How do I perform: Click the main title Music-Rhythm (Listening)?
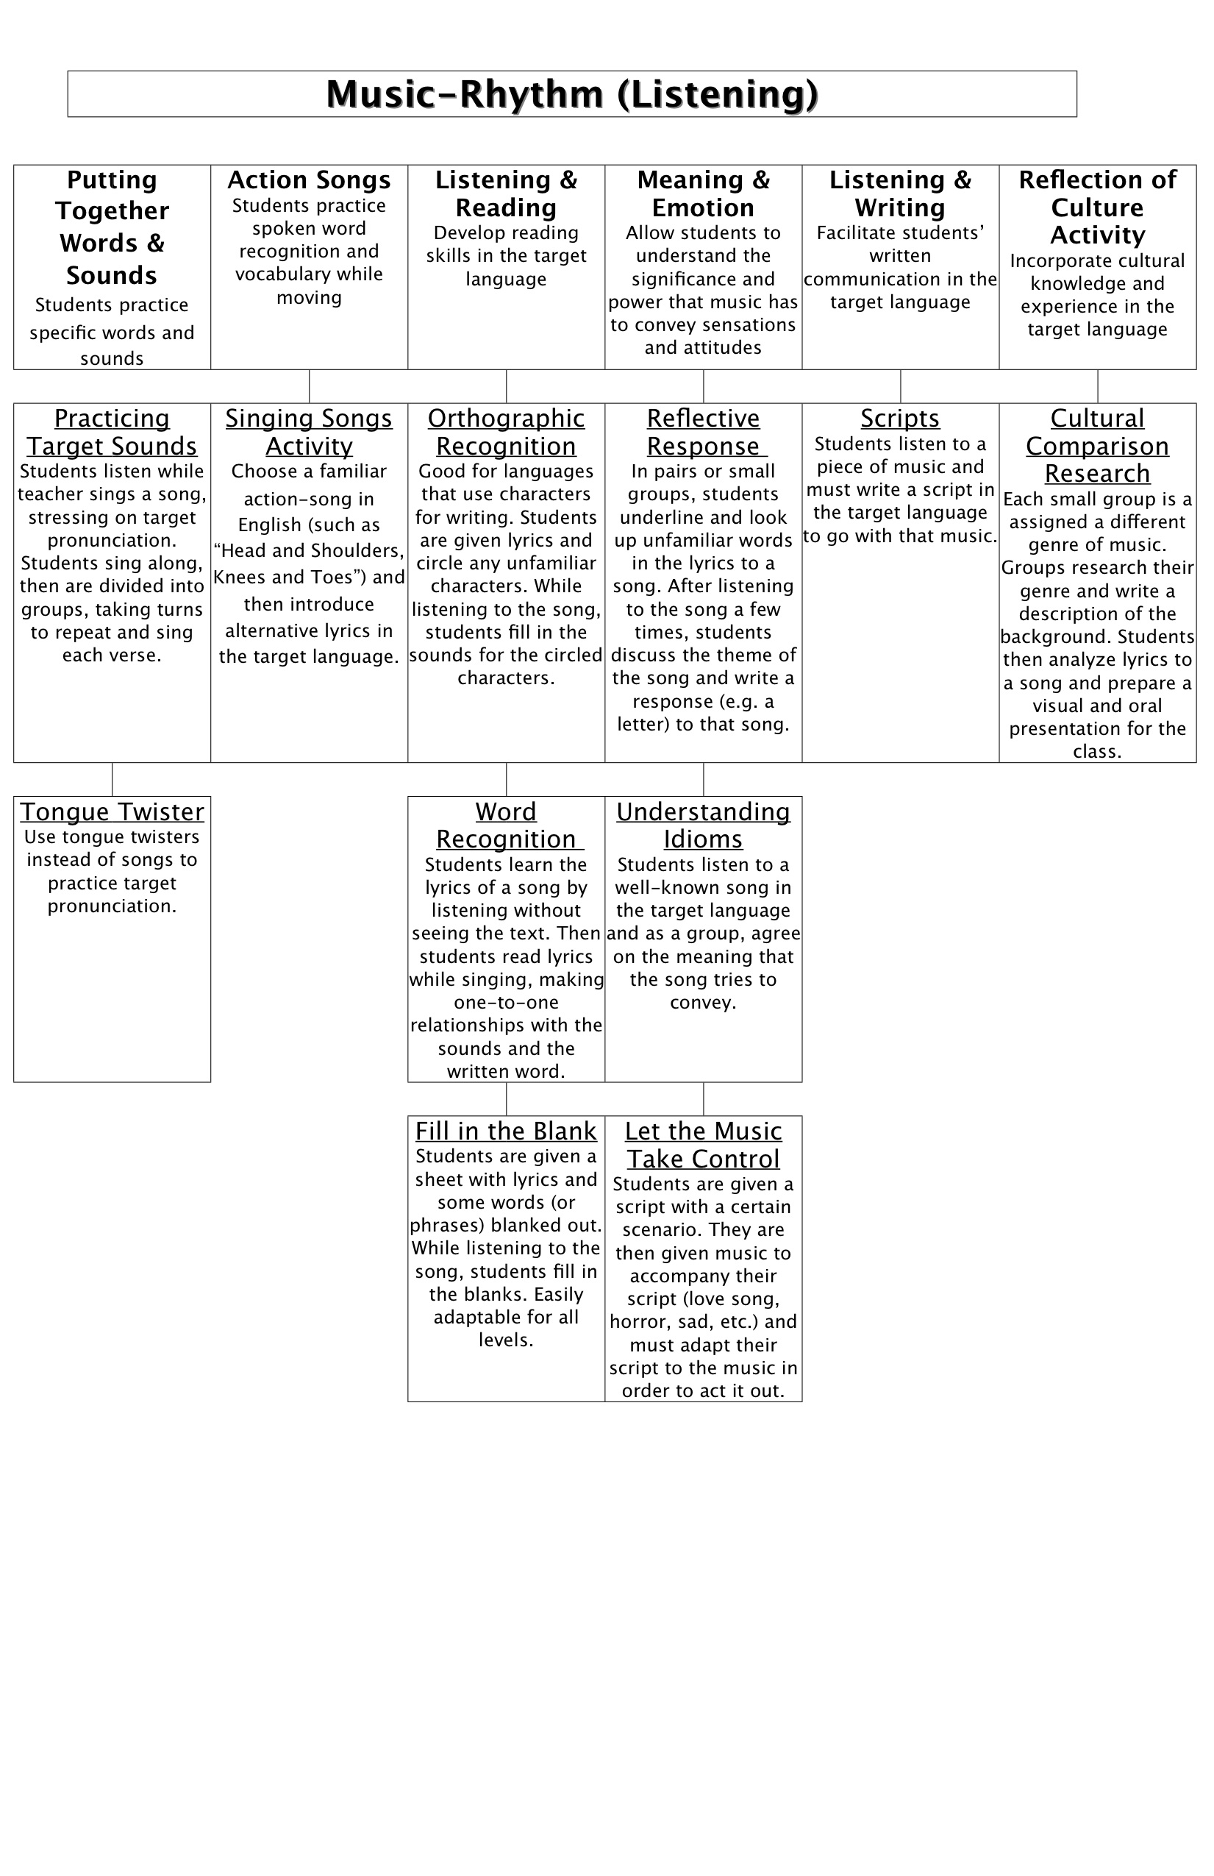point(572,94)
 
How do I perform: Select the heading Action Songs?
point(309,180)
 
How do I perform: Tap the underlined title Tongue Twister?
point(112,811)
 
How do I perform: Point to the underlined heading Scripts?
point(900,418)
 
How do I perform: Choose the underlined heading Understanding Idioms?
point(703,825)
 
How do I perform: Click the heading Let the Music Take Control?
point(703,1145)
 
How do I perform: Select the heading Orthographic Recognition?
point(506,432)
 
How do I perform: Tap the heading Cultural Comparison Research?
point(1096,445)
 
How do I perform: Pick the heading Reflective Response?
point(703,432)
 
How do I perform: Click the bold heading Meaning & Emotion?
point(703,193)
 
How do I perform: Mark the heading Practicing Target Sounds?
point(112,432)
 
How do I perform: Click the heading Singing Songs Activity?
point(309,432)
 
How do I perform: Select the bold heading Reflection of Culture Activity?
point(1096,207)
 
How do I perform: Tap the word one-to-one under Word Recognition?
point(506,1003)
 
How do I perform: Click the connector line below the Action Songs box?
point(309,386)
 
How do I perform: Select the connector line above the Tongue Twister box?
point(112,779)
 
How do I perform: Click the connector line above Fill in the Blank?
point(506,1098)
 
